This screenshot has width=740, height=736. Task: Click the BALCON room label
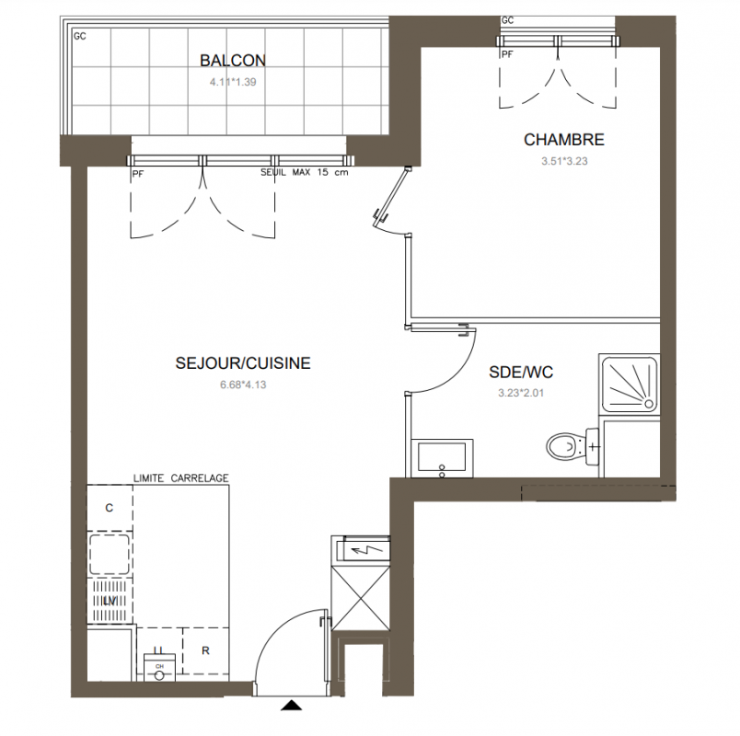(233, 61)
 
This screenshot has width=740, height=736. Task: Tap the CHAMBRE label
(564, 140)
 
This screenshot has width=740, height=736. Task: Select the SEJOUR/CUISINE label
(243, 362)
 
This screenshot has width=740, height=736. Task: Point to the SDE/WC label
(521, 373)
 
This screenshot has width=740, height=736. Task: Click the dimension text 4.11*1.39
(233, 82)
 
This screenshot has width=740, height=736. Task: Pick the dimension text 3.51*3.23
(564, 161)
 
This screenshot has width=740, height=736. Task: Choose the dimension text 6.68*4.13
(243, 385)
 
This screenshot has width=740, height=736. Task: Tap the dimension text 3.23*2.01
(521, 393)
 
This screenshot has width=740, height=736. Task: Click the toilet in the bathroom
(572, 446)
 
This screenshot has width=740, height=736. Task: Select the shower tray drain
(649, 404)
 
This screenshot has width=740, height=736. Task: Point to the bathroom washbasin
(442, 458)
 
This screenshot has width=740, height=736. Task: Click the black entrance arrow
(291, 705)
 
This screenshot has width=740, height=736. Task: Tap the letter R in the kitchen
(205, 650)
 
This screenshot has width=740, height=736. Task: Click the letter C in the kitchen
(109, 508)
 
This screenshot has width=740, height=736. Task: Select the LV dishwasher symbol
(110, 601)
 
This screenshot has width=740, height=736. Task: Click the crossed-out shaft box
(361, 599)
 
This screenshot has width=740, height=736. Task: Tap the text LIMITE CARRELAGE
(180, 477)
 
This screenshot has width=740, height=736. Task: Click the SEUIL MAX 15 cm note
(305, 173)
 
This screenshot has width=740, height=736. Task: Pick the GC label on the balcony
(80, 36)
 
